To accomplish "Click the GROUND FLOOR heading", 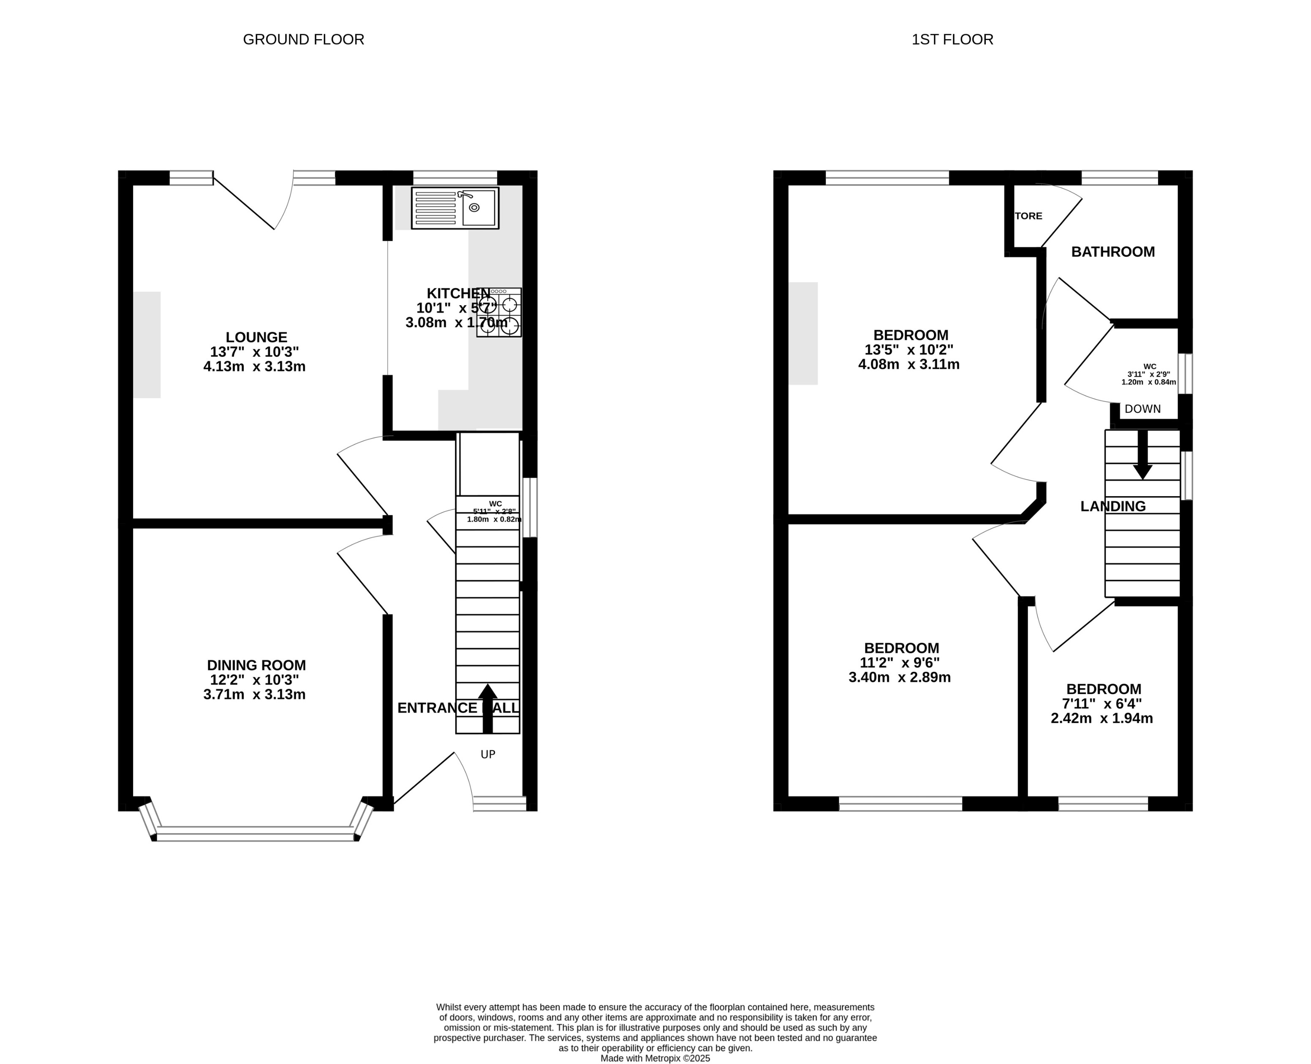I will [304, 40].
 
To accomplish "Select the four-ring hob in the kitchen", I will [498, 312].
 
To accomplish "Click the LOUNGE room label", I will [256, 337].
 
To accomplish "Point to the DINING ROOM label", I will [256, 665].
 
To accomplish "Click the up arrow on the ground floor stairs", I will [487, 708].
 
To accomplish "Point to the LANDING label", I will [1112, 506].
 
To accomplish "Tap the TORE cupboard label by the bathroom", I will [1028, 216].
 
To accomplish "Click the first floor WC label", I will [1149, 366].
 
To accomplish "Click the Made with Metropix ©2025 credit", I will [655, 1058].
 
